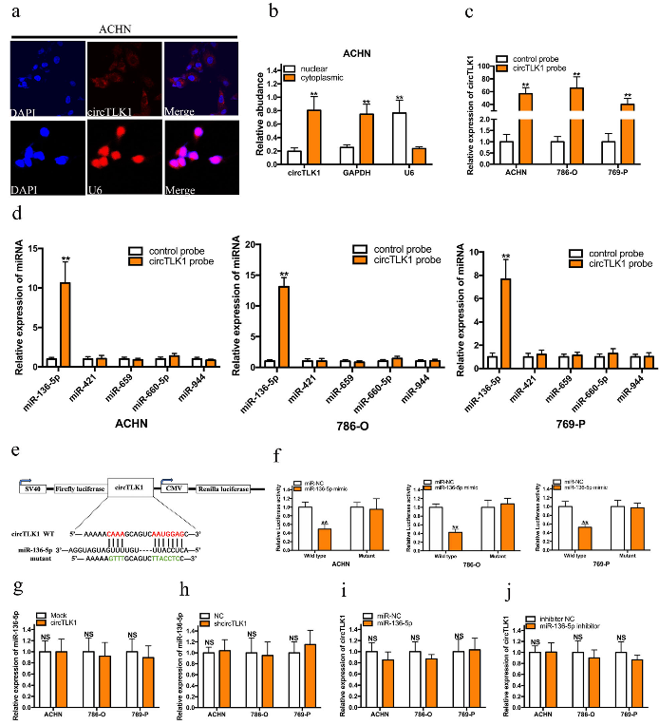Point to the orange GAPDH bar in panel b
366,134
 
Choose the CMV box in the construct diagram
175,488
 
